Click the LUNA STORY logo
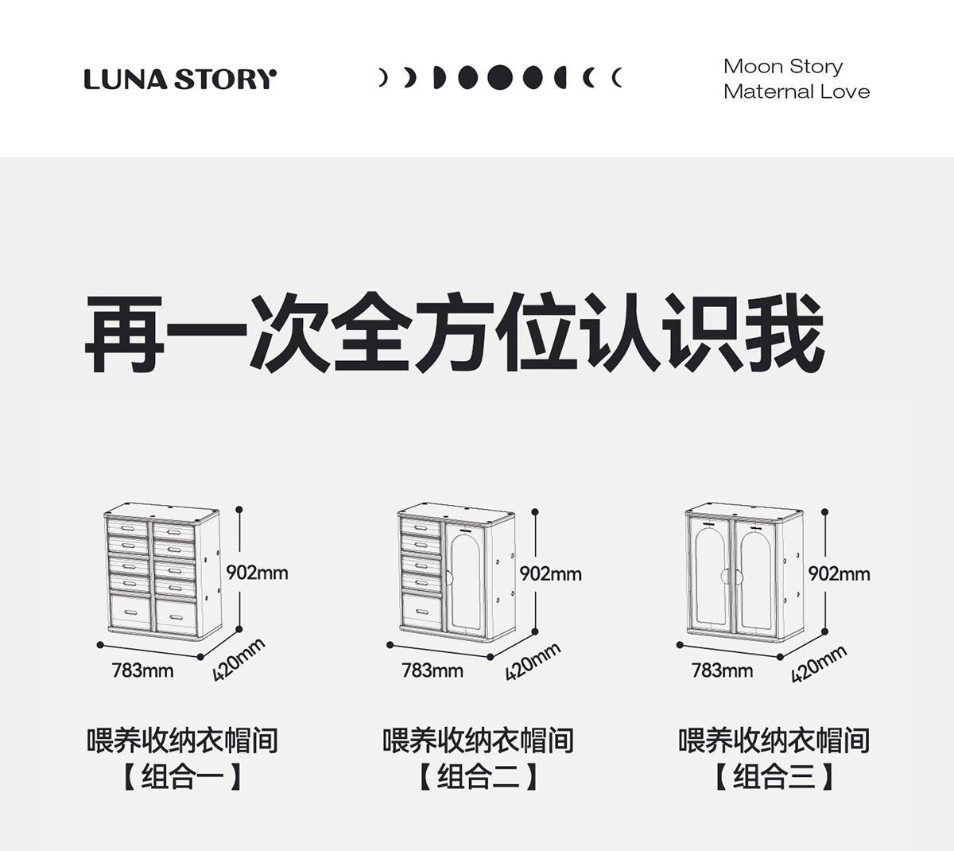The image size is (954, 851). pyautogui.click(x=180, y=80)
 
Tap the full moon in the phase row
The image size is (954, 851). pyautogui.click(x=500, y=77)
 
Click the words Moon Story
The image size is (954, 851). pyautogui.click(x=782, y=66)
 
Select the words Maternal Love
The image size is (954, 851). pyautogui.click(x=797, y=91)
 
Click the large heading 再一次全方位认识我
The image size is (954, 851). pyautogui.click(x=454, y=333)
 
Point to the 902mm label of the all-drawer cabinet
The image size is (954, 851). pyautogui.click(x=257, y=573)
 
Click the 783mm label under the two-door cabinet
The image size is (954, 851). pyautogui.click(x=722, y=670)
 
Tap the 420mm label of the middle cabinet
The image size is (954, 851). pyautogui.click(x=533, y=662)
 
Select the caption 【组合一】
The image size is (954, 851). pyautogui.click(x=182, y=776)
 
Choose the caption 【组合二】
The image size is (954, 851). pyautogui.click(x=478, y=776)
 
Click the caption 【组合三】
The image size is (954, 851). pyautogui.click(x=774, y=776)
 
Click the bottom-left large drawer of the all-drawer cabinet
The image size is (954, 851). pyautogui.click(x=130, y=612)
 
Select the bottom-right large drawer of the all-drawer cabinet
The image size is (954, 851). pyautogui.click(x=176, y=613)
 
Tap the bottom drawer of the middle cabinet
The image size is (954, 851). pyautogui.click(x=421, y=612)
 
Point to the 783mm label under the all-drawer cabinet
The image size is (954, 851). pyautogui.click(x=142, y=670)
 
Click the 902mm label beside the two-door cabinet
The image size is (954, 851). pyautogui.click(x=839, y=573)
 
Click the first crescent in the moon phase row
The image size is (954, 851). pyautogui.click(x=382, y=78)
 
